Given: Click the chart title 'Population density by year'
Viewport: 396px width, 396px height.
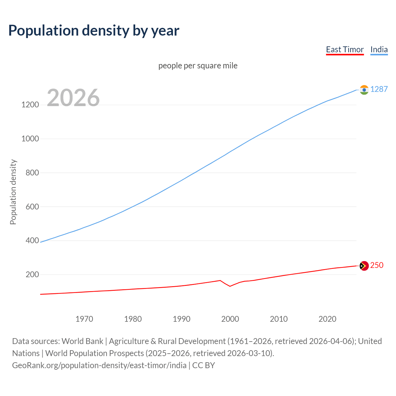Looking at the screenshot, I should [x=94, y=31].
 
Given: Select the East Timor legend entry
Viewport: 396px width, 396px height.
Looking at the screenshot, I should [x=345, y=49].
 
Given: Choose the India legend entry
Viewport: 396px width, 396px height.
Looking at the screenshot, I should [x=379, y=49].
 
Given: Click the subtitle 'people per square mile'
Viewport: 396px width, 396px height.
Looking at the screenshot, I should [x=198, y=66].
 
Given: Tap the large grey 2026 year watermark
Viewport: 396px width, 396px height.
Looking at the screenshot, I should [x=73, y=98].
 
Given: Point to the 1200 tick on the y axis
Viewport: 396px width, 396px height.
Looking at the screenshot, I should [x=30, y=105].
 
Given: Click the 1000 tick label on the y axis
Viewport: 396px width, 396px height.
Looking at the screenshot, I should [x=30, y=139].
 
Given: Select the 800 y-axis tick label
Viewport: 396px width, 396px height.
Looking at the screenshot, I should [x=32, y=173].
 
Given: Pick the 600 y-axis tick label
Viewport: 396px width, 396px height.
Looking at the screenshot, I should [x=32, y=207].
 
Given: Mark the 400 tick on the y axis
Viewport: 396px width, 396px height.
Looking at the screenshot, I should [x=32, y=240].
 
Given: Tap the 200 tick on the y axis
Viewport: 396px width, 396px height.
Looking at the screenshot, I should [x=32, y=274].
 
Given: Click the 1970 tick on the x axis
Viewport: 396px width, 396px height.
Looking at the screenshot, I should [x=84, y=319].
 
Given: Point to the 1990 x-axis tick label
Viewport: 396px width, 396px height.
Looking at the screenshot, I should [x=182, y=319].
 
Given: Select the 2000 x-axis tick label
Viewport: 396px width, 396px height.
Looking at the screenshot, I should [x=230, y=319].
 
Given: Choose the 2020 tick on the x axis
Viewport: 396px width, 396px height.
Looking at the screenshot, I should [x=327, y=319].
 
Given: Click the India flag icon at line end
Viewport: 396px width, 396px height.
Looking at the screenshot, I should [x=364, y=90].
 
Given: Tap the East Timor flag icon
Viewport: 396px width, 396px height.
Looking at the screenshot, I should [x=364, y=266].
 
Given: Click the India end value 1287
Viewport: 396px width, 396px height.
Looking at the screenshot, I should [x=379, y=89].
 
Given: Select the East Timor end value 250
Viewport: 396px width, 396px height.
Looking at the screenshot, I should [x=377, y=265].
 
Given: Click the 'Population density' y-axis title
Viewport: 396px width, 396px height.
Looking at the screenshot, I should [x=13, y=192].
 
